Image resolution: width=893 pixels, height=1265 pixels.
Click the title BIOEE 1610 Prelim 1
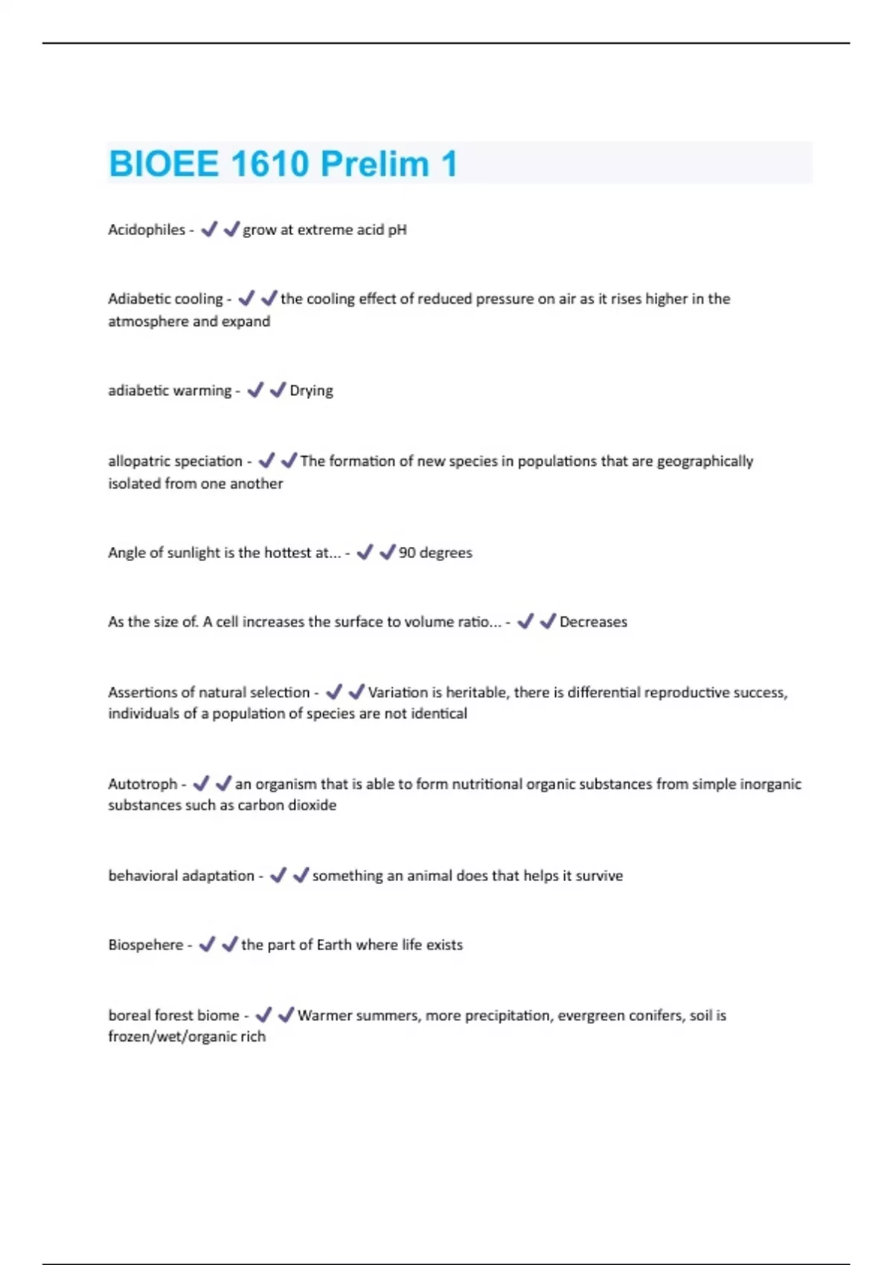[x=283, y=164]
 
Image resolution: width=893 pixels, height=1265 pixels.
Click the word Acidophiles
[x=147, y=230]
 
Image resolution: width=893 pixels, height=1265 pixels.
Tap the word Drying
[x=311, y=391]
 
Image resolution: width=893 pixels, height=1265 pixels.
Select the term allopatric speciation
[x=175, y=461]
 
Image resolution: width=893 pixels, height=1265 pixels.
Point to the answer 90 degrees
[x=435, y=553]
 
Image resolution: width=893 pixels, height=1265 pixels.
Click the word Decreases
[x=593, y=622]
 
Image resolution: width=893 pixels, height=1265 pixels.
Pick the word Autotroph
[x=142, y=784]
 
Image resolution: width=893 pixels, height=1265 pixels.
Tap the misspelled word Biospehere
[x=145, y=945]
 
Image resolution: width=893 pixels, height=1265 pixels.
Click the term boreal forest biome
[x=173, y=1016]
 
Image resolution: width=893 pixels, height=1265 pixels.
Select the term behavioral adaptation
[x=181, y=876]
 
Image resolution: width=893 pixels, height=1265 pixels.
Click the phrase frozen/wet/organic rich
[x=187, y=1037]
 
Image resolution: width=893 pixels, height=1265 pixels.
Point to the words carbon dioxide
[x=287, y=805]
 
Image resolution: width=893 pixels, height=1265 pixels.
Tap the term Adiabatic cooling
[x=165, y=299]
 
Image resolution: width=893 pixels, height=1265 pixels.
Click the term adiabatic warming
[x=170, y=391]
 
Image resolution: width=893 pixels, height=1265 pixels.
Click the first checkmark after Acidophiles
[x=209, y=229]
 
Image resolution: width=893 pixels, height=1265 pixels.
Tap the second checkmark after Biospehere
[x=230, y=944]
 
